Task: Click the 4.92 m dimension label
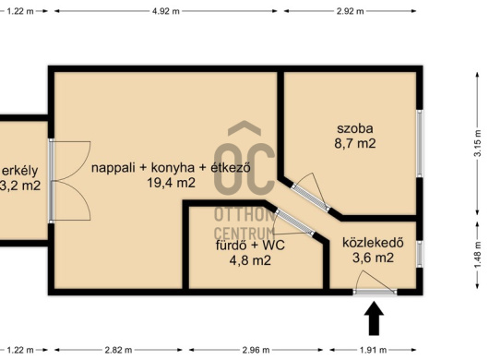(x=165, y=11)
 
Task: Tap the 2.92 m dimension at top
(x=350, y=11)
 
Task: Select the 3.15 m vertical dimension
(x=478, y=143)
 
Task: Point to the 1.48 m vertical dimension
(x=478, y=255)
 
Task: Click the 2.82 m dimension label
(x=118, y=350)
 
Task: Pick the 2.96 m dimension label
(x=256, y=350)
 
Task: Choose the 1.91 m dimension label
(x=373, y=350)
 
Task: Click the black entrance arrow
(x=374, y=318)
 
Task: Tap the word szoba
(x=355, y=128)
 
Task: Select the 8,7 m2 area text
(x=355, y=143)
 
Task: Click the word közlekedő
(x=373, y=243)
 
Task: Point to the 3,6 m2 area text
(x=373, y=258)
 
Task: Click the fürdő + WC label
(x=250, y=246)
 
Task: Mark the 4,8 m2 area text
(x=250, y=260)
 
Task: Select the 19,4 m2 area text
(x=172, y=183)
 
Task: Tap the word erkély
(x=20, y=171)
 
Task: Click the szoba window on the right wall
(x=420, y=143)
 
